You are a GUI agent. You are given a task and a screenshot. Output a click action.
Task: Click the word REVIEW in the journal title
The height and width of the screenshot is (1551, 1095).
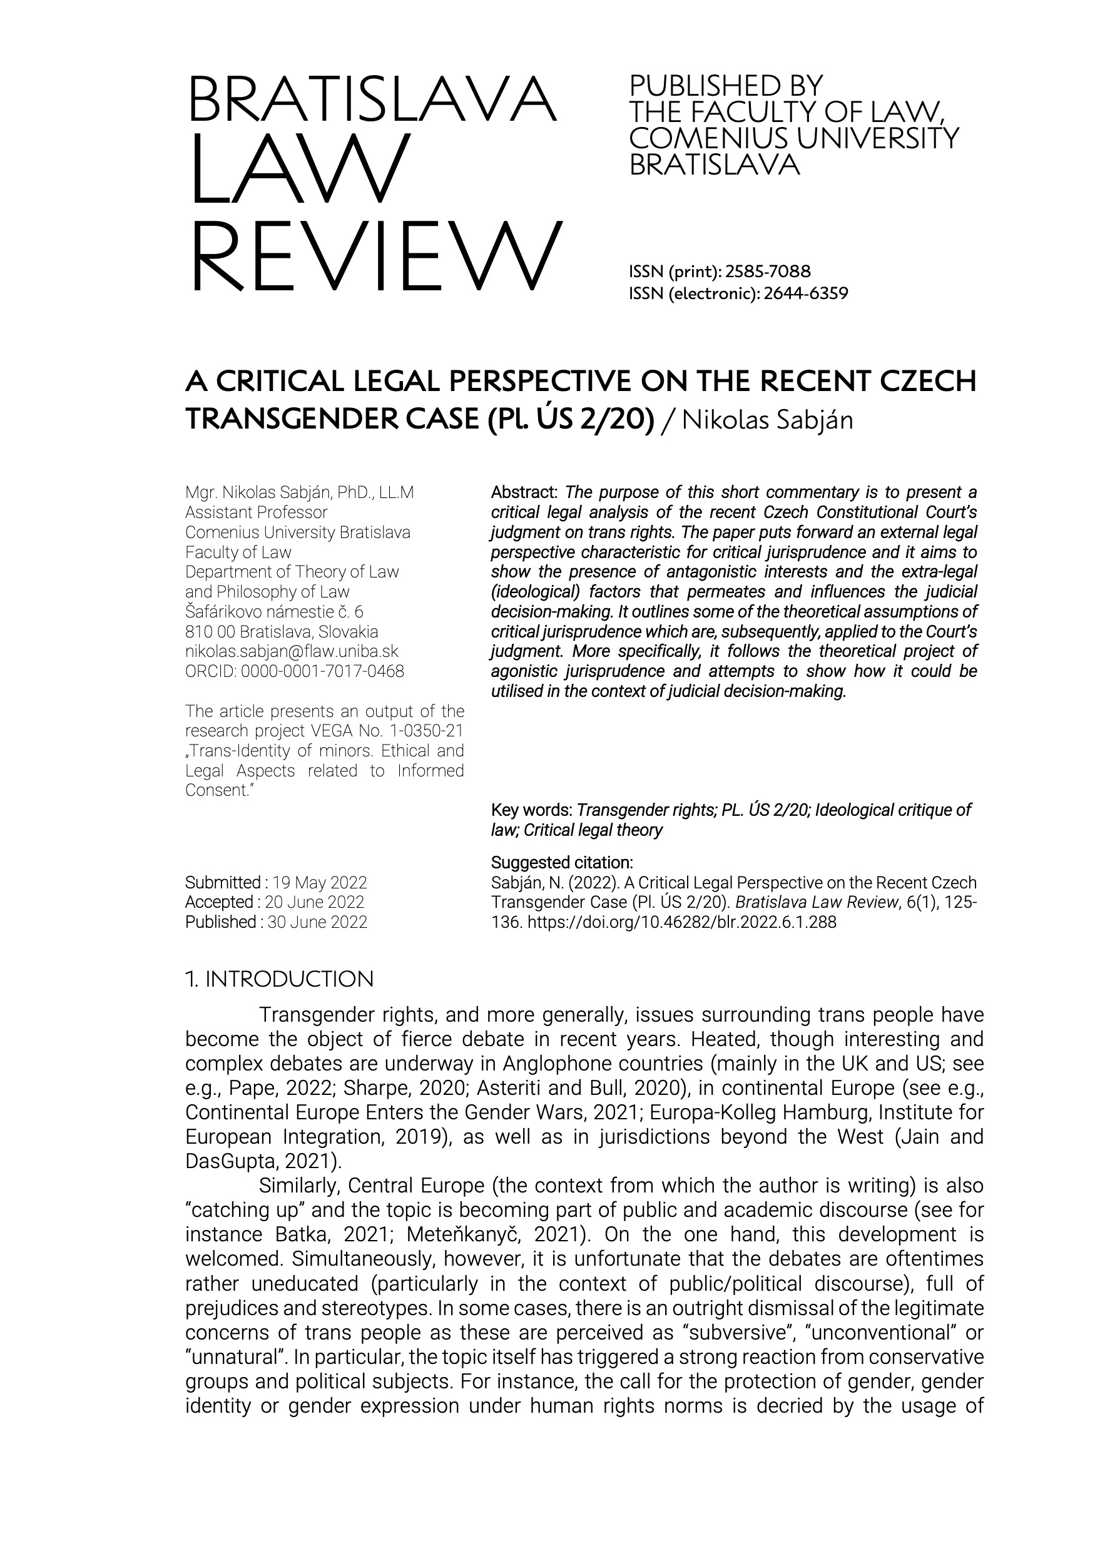point(375,257)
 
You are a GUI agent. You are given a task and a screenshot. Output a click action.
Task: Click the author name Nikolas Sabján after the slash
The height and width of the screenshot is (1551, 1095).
point(767,419)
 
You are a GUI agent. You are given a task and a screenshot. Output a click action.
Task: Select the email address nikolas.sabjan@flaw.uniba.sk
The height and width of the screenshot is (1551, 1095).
point(292,652)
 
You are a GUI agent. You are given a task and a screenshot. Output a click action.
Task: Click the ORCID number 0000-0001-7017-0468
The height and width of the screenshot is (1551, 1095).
point(322,671)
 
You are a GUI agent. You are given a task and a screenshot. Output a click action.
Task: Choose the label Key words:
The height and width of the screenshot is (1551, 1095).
point(532,810)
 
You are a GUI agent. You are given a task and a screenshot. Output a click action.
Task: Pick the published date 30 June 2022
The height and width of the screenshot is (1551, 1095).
point(317,922)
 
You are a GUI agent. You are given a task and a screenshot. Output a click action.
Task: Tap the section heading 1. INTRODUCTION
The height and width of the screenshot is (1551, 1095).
point(279,979)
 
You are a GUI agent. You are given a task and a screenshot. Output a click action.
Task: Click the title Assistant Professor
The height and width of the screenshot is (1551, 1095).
point(256,512)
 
